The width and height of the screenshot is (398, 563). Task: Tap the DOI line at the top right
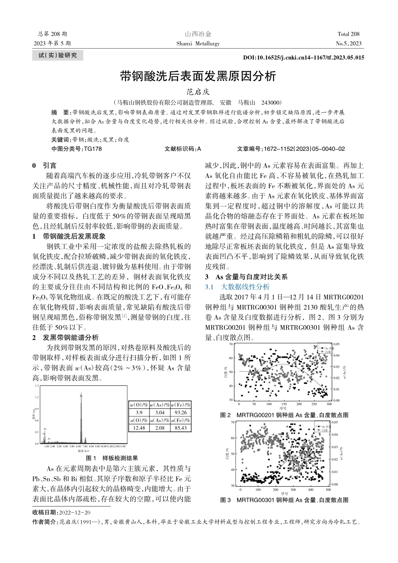[303, 58]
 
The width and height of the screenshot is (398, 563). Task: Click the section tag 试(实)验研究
[58, 55]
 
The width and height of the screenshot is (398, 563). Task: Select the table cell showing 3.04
[160, 413]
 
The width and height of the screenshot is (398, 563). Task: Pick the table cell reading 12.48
[139, 428]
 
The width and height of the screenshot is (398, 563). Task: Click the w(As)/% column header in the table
[160, 405]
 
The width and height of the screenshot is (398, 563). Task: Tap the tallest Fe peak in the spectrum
[81, 396]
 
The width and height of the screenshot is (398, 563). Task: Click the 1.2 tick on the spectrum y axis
[37, 397]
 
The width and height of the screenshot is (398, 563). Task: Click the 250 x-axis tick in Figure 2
[314, 404]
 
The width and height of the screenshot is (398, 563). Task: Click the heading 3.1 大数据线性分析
[237, 287]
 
